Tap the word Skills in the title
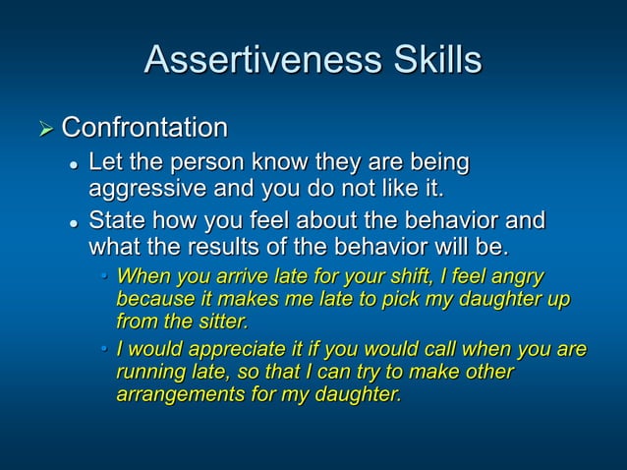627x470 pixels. [x=432, y=61]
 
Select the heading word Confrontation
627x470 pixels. [x=144, y=128]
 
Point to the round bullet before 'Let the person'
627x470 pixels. [x=73, y=163]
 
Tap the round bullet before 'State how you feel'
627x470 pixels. [x=73, y=221]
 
